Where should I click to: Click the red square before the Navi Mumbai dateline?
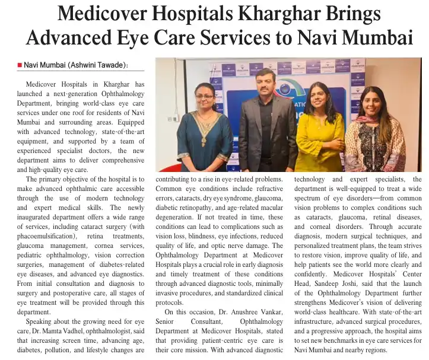click(x=19, y=65)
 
